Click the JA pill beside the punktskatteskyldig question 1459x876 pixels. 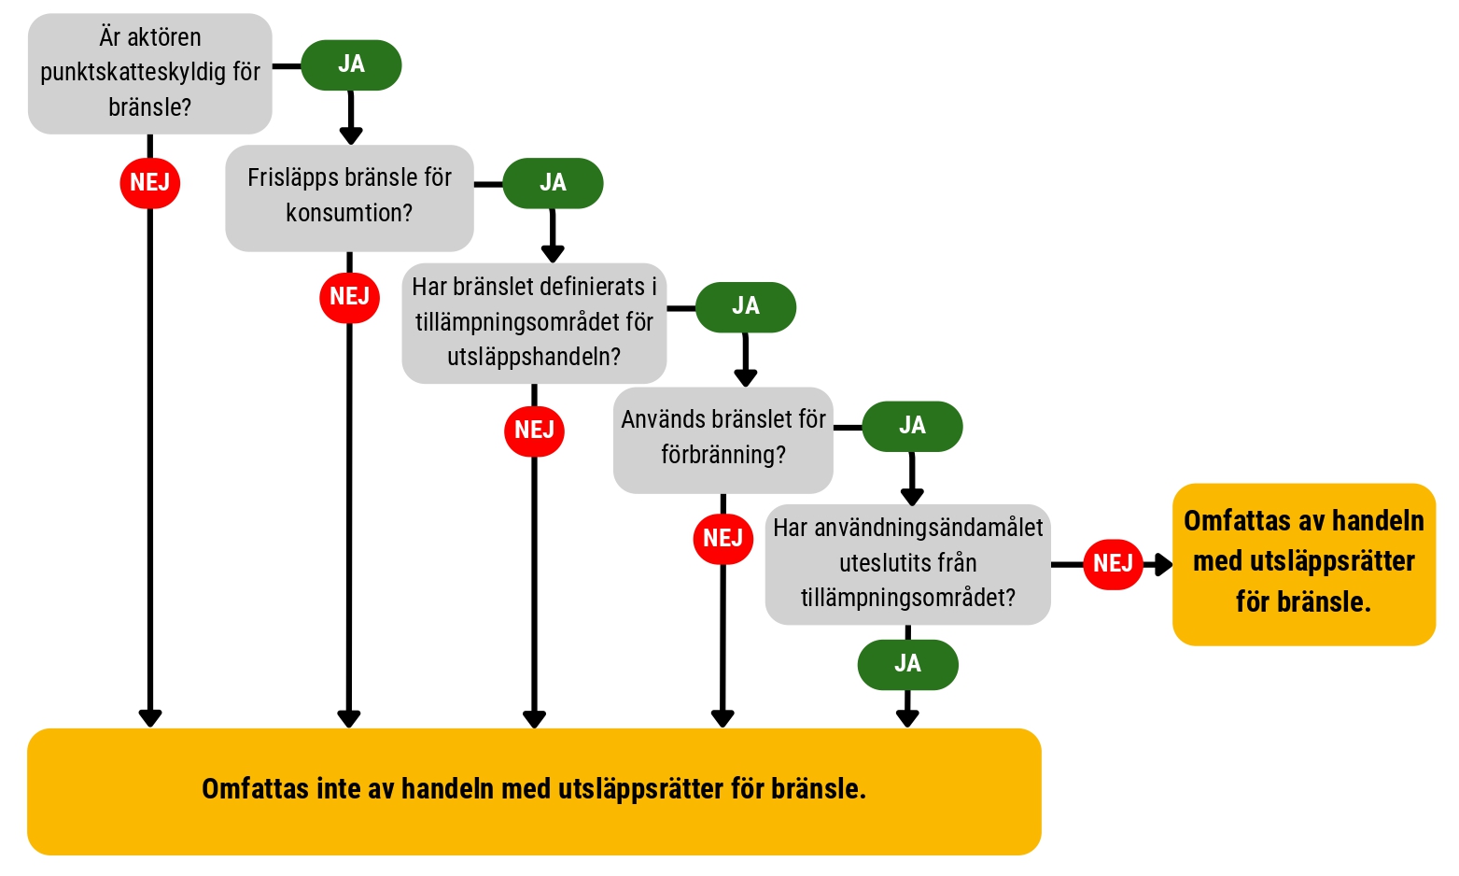[x=351, y=65]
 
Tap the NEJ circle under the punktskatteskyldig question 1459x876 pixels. [x=149, y=183]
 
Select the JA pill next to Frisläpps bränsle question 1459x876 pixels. [x=553, y=183]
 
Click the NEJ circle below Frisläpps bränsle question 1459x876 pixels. [x=350, y=297]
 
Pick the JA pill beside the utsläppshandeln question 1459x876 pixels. [x=746, y=307]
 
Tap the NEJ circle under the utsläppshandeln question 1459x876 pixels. [x=534, y=431]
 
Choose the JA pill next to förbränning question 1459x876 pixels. [x=912, y=426]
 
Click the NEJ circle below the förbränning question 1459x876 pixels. [x=723, y=539]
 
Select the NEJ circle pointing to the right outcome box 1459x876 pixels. [x=1113, y=564]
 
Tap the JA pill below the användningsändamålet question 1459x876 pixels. [x=908, y=664]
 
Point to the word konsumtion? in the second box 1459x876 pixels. [x=349, y=213]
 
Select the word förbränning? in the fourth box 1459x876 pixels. [x=723, y=454]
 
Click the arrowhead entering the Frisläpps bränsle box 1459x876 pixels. [x=351, y=135]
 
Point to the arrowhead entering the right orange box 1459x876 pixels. [x=1164, y=564]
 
